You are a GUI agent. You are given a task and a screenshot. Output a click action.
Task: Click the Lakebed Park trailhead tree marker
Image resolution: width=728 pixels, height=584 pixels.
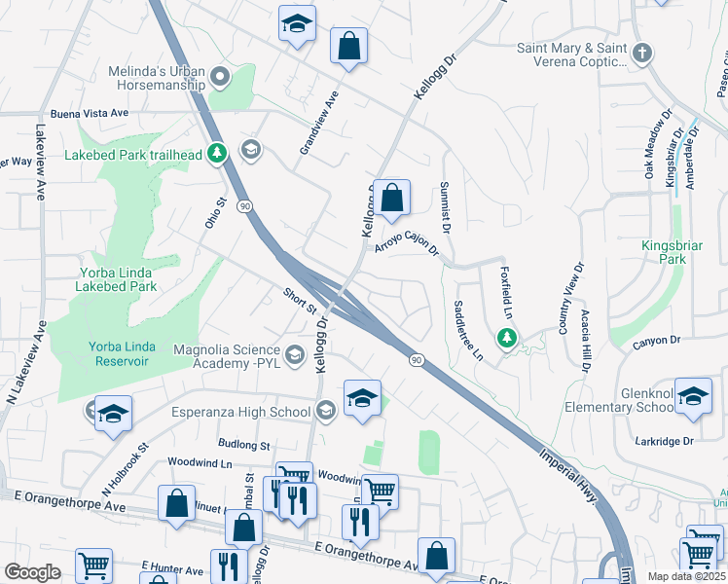(x=218, y=154)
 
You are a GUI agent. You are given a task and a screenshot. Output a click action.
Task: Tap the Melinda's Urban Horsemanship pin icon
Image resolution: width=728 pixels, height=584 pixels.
(x=219, y=76)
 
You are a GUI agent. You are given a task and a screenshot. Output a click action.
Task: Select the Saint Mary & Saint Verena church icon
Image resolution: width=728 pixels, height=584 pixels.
(x=641, y=54)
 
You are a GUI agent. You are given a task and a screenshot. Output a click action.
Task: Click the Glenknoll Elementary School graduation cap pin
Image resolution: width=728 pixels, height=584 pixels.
(x=694, y=397)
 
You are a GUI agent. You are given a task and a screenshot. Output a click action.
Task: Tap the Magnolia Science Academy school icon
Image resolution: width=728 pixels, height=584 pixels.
(x=294, y=351)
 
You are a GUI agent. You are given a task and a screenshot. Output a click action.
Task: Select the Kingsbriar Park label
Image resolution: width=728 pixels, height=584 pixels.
(x=672, y=253)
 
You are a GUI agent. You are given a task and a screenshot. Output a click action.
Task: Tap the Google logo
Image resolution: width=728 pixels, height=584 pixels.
(x=32, y=572)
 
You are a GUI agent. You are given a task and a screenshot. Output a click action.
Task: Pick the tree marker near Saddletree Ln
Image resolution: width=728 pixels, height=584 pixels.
(x=506, y=339)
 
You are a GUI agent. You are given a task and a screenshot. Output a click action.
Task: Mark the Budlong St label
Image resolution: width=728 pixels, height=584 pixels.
(x=245, y=445)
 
